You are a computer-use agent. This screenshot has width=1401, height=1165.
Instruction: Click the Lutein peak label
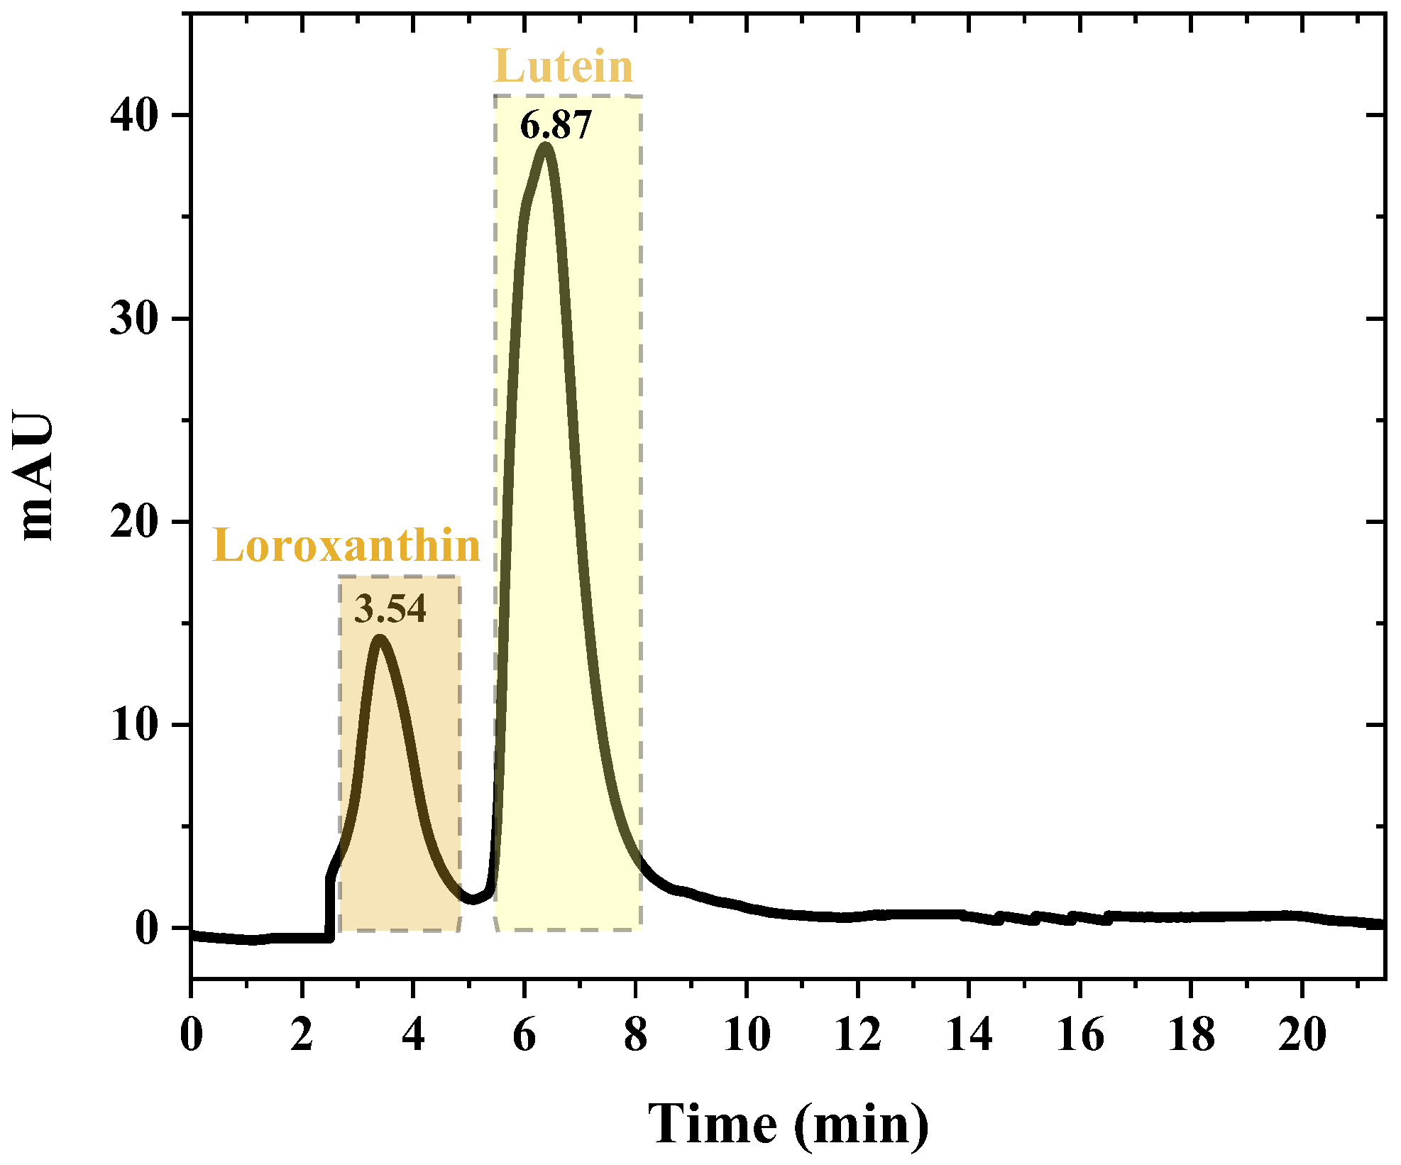(x=563, y=67)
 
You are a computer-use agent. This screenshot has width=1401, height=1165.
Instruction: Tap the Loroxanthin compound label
(x=346, y=547)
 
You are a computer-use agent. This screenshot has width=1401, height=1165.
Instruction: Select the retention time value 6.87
(x=555, y=126)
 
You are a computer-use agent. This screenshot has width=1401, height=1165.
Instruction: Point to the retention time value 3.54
(x=390, y=609)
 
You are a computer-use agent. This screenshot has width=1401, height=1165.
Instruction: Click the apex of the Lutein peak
(x=546, y=146)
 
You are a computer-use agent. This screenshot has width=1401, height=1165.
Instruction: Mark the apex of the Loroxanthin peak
(x=380, y=638)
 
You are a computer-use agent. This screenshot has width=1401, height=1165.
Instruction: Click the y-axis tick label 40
(x=133, y=116)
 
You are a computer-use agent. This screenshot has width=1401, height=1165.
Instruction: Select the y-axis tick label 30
(x=133, y=319)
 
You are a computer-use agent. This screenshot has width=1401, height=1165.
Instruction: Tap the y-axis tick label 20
(x=133, y=523)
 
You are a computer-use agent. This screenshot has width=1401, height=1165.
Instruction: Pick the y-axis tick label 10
(x=133, y=726)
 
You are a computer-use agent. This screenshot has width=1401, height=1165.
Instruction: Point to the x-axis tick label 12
(x=857, y=1034)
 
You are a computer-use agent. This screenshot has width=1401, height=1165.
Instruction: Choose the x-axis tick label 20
(x=1302, y=1034)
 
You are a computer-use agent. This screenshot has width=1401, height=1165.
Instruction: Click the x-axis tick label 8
(x=635, y=1034)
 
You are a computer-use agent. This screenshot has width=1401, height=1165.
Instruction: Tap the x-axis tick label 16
(x=1079, y=1034)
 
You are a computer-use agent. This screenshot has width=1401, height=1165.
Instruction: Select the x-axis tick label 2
(x=302, y=1034)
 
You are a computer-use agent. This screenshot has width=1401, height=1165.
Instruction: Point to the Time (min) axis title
(x=788, y=1125)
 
